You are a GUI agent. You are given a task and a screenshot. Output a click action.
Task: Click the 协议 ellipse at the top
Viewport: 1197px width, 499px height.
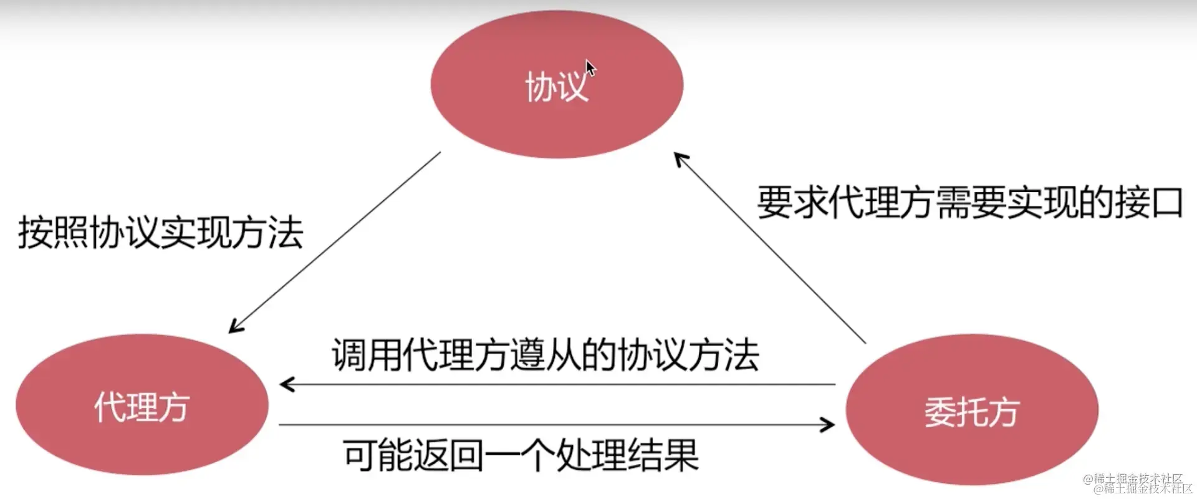click(x=557, y=84)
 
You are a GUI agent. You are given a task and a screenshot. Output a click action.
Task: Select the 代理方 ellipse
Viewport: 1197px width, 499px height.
click(x=142, y=405)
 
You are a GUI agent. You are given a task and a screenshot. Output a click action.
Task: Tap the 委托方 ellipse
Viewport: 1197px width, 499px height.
click(x=971, y=410)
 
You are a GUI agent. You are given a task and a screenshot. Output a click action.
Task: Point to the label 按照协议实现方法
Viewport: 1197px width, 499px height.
click(x=160, y=233)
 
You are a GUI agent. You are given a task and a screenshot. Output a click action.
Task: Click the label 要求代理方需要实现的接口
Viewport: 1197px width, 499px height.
click(x=969, y=203)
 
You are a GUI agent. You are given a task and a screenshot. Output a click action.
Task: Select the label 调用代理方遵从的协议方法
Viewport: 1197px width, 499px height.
click(x=545, y=355)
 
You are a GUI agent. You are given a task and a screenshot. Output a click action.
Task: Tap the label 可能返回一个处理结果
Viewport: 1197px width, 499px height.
click(x=521, y=455)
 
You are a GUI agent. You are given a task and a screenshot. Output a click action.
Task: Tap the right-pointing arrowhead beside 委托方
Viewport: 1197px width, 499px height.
click(x=829, y=425)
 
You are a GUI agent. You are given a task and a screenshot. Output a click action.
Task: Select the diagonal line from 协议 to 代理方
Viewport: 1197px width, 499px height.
click(x=337, y=240)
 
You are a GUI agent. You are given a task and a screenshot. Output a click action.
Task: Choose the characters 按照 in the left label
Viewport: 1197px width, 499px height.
click(x=53, y=233)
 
